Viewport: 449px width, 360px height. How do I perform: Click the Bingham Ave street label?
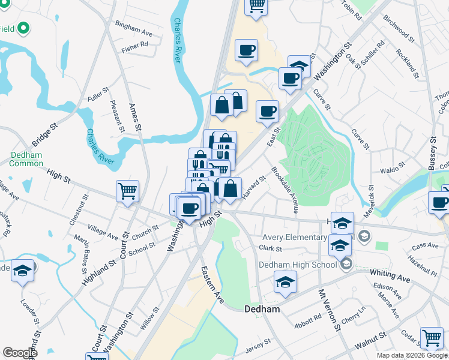[134, 29]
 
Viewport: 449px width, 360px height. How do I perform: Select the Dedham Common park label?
[26, 159]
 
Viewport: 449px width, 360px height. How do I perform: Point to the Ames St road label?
[135, 117]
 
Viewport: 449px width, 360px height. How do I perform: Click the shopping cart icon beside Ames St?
[127, 192]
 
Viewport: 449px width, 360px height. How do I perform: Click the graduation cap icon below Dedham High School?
[286, 282]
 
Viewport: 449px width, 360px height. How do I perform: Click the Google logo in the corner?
[19, 353]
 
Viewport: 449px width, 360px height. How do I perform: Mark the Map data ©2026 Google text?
[411, 355]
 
